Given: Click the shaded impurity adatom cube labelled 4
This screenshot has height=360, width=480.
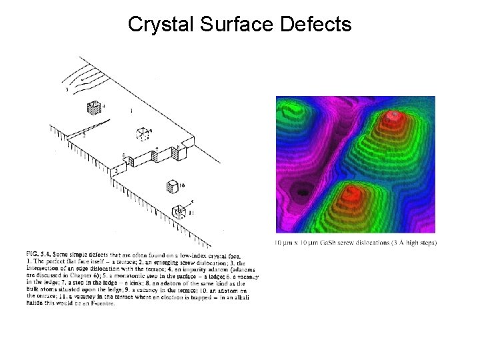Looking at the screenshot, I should click(x=93, y=108).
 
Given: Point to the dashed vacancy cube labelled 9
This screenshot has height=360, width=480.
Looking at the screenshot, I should click(x=141, y=133).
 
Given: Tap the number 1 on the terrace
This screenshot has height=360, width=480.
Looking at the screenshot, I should click(x=131, y=109).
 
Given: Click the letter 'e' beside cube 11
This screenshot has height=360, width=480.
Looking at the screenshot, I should click(x=191, y=200).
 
